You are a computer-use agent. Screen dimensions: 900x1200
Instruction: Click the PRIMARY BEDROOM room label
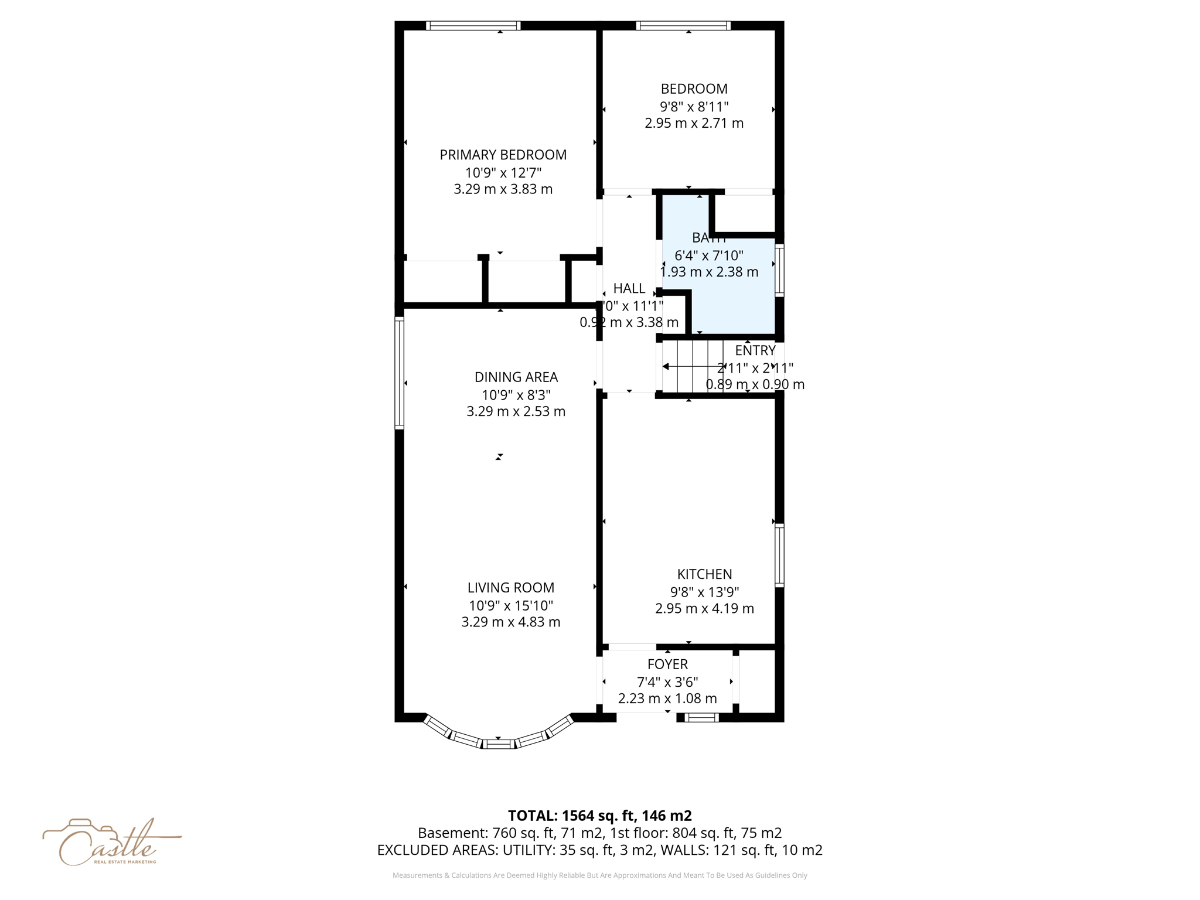pyautogui.click(x=503, y=155)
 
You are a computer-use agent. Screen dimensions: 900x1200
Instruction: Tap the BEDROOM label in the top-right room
pyautogui.click(x=694, y=89)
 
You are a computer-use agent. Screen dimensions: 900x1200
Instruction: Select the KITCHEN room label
pyautogui.click(x=704, y=574)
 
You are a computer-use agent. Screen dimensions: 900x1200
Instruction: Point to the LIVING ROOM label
pyautogui.click(x=510, y=588)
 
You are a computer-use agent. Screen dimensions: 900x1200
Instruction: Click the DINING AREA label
pyautogui.click(x=516, y=377)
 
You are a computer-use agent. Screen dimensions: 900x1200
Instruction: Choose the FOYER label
pyautogui.click(x=667, y=664)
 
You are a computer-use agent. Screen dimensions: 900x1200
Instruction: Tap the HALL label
pyautogui.click(x=629, y=288)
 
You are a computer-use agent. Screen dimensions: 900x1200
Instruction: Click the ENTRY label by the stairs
pyautogui.click(x=755, y=350)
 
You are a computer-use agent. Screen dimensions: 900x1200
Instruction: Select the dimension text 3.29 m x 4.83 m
pyautogui.click(x=510, y=622)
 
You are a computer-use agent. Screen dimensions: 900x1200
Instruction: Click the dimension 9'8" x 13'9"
pyautogui.click(x=704, y=592)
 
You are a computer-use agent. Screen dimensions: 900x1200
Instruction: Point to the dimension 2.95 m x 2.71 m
pyautogui.click(x=694, y=124)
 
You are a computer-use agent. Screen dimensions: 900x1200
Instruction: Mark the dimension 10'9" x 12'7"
pyautogui.click(x=503, y=173)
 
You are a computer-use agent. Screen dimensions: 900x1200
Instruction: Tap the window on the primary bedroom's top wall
pyautogui.click(x=473, y=26)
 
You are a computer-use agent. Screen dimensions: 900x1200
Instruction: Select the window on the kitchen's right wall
pyautogui.click(x=779, y=555)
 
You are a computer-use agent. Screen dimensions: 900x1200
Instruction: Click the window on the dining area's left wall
pyautogui.click(x=400, y=373)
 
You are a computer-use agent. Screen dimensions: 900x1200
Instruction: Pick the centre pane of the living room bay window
pyautogui.click(x=498, y=744)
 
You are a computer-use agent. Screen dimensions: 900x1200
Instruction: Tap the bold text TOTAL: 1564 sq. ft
pyautogui.click(x=599, y=816)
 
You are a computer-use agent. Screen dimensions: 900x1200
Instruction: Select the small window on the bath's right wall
pyautogui.click(x=779, y=270)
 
